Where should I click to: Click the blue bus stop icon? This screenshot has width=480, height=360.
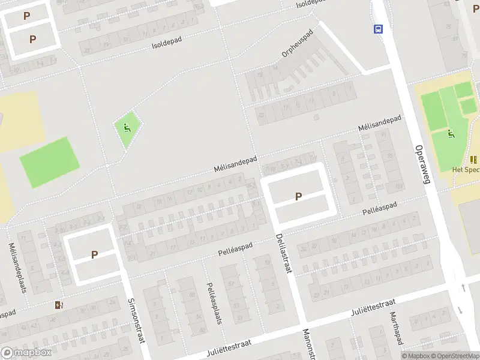[379, 29]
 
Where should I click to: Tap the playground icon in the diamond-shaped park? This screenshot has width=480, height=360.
[127, 127]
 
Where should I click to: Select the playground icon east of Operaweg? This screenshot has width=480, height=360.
[451, 134]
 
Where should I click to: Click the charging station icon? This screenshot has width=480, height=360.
[58, 305]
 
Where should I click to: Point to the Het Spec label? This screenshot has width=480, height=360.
[466, 169]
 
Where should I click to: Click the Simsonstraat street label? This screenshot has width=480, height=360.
[137, 320]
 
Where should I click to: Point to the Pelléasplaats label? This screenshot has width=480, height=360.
[214, 302]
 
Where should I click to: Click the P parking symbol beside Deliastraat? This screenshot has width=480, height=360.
[298, 196]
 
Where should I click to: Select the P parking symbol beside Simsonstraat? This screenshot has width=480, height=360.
[94, 254]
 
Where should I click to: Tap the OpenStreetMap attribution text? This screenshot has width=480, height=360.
[454, 356]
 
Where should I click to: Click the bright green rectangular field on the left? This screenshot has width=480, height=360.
[49, 162]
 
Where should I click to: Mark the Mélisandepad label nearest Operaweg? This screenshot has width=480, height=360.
[379, 123]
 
